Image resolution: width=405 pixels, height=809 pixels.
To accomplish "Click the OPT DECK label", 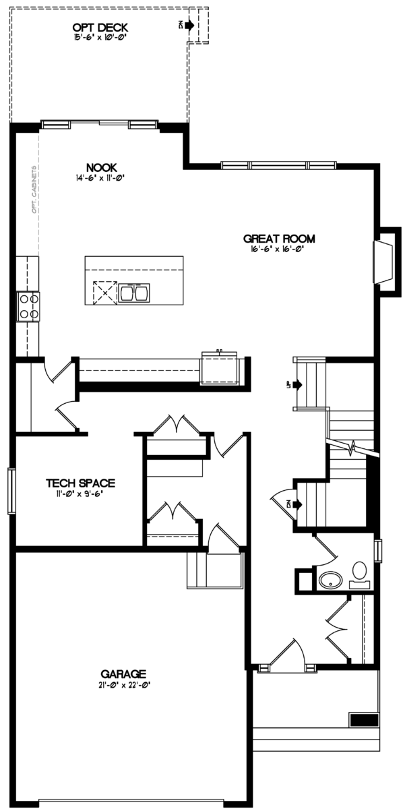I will pos(100,28).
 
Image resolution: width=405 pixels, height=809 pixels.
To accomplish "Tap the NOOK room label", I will pos(102,167).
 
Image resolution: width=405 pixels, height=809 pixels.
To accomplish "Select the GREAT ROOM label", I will pos(279,238).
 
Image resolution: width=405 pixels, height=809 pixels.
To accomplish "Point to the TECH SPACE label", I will pos(80,483).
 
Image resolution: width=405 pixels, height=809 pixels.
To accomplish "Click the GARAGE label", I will pos(123,673).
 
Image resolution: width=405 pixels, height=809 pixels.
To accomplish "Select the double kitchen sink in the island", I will pos(135,292).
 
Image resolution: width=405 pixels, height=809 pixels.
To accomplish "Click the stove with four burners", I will pos(28,305).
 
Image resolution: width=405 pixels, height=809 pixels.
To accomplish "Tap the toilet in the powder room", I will pos(360,573).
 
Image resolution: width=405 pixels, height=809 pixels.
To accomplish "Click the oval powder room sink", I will pos(331,579).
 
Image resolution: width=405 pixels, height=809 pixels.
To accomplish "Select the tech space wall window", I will pos(11,490).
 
